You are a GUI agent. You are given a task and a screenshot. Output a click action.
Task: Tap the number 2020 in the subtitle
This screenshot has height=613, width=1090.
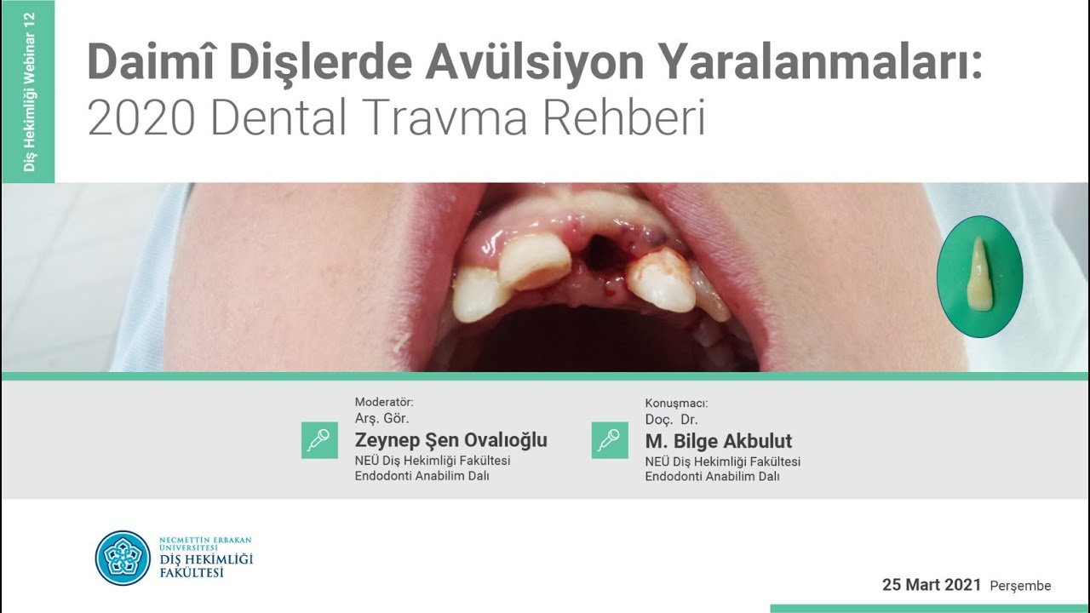pos(140,119)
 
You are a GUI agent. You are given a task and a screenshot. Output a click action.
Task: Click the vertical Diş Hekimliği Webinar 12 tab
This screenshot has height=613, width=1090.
pos(29,91)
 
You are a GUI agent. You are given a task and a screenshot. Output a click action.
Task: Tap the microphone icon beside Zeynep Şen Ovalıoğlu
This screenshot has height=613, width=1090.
pos(319,440)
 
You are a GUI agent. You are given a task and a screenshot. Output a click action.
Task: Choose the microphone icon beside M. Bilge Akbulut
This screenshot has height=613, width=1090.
pos(610,440)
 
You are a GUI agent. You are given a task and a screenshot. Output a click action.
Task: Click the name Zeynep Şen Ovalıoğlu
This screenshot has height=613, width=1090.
pos(450,440)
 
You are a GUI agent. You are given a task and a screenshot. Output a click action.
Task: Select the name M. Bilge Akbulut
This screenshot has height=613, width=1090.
pos(718,441)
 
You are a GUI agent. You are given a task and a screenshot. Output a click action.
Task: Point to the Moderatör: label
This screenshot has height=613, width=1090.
pos(384,402)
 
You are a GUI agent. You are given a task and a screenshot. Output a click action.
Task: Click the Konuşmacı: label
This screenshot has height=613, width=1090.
pos(676,404)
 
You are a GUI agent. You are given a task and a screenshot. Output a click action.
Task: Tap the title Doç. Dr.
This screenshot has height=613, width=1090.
pos(671,420)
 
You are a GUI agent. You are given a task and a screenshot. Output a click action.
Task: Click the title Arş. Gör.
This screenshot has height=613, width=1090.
pos(381,418)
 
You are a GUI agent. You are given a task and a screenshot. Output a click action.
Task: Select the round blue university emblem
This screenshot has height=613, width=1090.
pos(123,558)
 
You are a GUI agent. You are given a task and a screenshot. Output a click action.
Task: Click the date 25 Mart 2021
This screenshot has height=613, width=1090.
pos(932,585)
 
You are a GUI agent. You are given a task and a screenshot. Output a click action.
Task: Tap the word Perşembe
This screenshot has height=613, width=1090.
pos(1020,586)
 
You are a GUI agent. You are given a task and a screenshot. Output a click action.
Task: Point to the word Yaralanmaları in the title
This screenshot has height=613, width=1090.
pos(817,63)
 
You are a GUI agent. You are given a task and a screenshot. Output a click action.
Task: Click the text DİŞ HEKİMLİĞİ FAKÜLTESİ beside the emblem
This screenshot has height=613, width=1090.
pos(206,565)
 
